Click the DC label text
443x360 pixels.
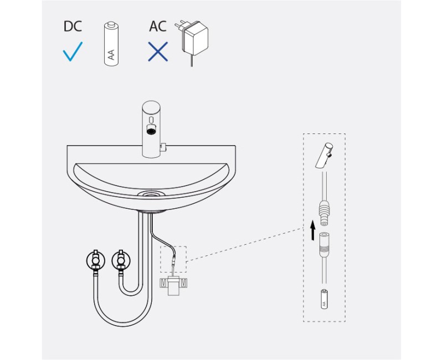[x=73, y=26]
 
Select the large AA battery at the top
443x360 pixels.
[x=111, y=44]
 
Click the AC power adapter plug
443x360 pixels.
[x=192, y=40]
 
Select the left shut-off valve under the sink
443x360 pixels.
[x=96, y=260]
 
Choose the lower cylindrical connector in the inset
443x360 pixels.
[x=324, y=242]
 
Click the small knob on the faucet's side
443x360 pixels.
[x=163, y=147]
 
